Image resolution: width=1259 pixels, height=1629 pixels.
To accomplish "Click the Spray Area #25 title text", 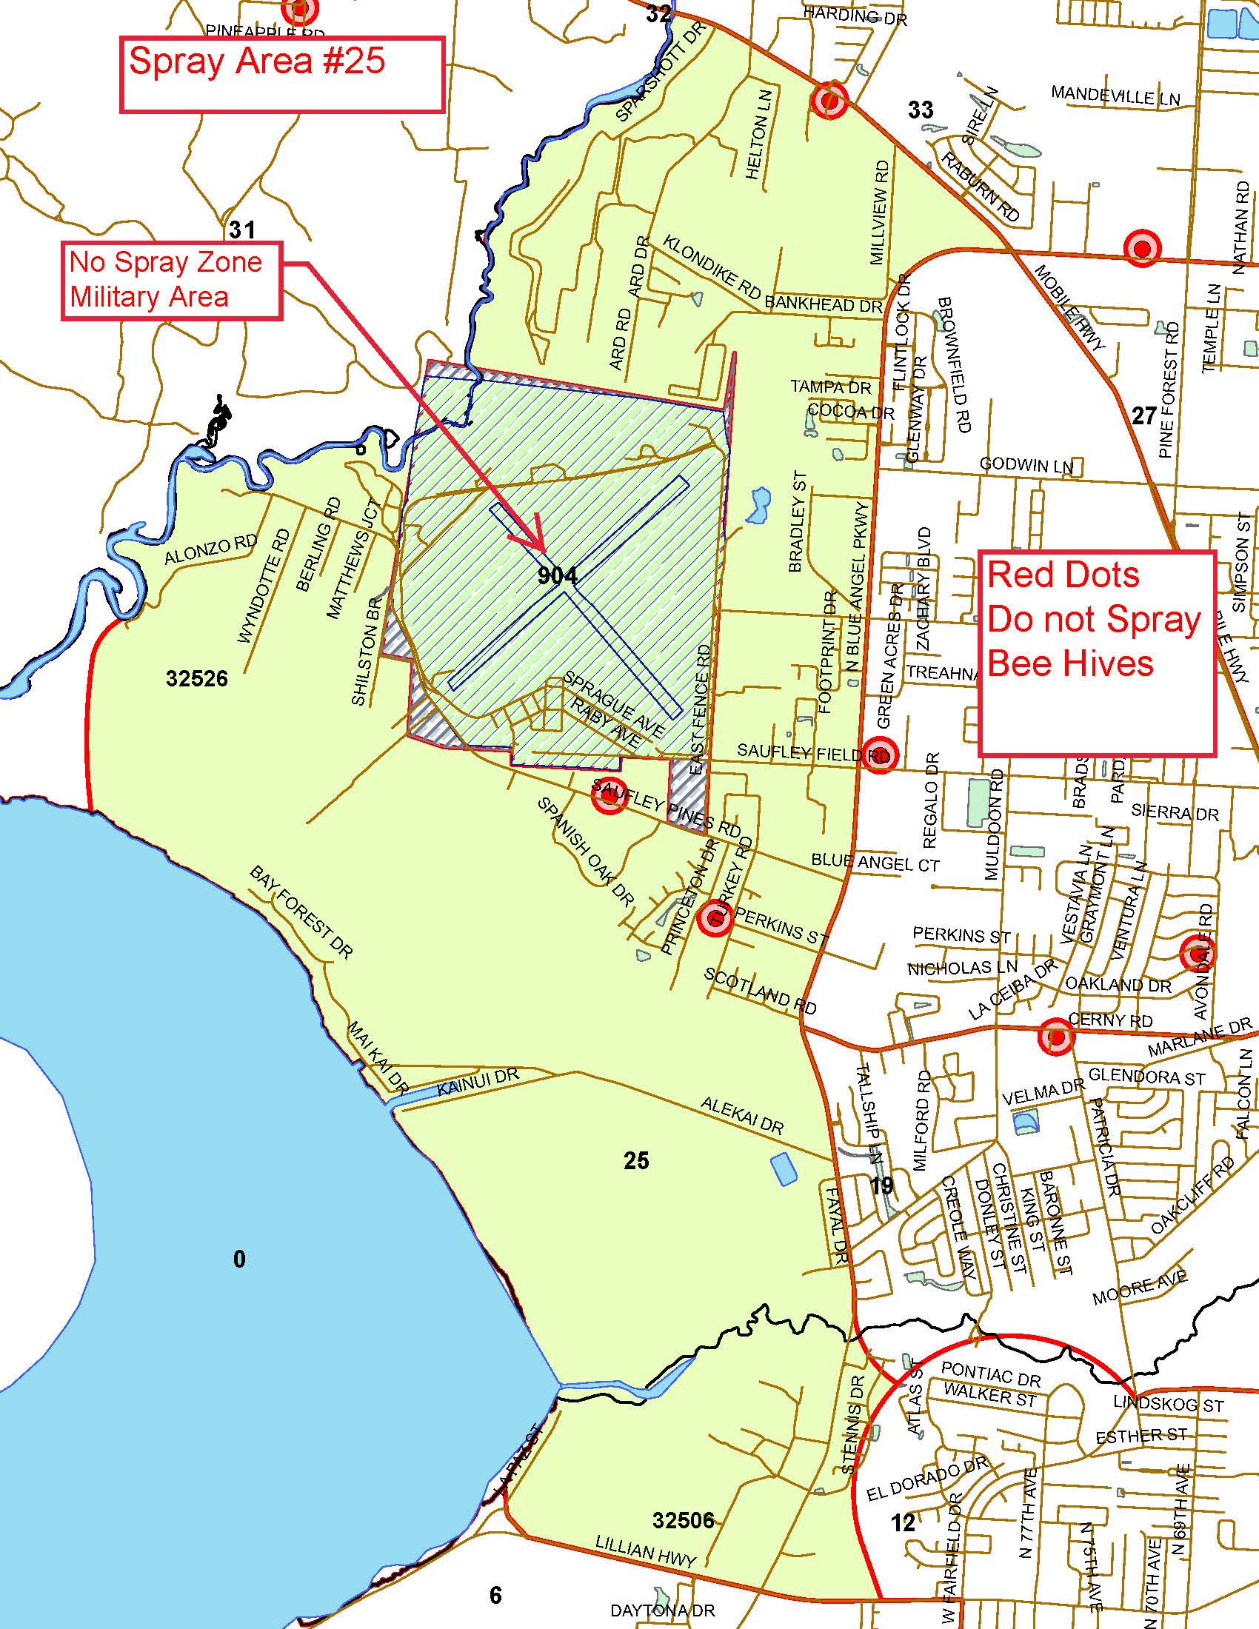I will click(x=256, y=61).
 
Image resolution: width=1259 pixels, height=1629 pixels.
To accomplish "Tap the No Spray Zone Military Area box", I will click(x=171, y=281).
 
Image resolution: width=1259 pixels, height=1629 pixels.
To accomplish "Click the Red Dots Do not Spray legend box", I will click(x=1096, y=654).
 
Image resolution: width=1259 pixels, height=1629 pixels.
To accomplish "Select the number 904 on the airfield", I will click(x=557, y=575).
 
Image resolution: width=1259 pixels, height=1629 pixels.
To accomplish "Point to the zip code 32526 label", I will click(x=197, y=679).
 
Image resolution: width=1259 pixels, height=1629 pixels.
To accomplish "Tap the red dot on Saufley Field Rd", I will click(x=879, y=755).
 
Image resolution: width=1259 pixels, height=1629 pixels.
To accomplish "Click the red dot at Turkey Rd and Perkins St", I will click(x=715, y=920).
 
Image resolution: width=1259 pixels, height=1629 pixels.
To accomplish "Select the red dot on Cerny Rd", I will click(x=1057, y=1037).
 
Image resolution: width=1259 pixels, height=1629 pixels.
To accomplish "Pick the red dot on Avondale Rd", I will click(x=1197, y=953).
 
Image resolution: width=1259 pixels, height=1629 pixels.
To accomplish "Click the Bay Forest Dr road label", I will click(x=301, y=912).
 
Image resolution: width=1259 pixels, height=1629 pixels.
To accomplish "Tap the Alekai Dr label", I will click(x=742, y=1116).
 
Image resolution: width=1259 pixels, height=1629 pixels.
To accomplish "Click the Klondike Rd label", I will click(x=712, y=273).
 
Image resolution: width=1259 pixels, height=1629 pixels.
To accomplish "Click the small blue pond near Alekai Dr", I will click(x=782, y=1168).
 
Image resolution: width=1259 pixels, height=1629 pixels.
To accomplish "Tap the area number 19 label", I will click(x=881, y=1185).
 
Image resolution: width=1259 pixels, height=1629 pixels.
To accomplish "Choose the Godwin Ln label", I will click(x=1026, y=466).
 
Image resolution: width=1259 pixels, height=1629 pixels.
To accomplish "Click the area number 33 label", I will click(x=921, y=110).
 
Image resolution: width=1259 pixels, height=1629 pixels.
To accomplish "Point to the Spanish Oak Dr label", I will click(x=587, y=851).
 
